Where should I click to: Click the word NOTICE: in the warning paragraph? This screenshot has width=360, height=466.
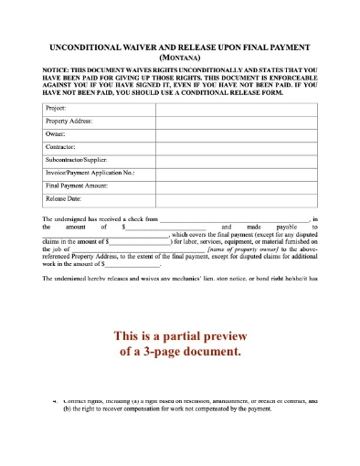(x=57, y=69)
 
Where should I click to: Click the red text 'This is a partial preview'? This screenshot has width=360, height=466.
(x=180, y=334)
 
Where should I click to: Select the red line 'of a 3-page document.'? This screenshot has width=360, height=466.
(x=180, y=350)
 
